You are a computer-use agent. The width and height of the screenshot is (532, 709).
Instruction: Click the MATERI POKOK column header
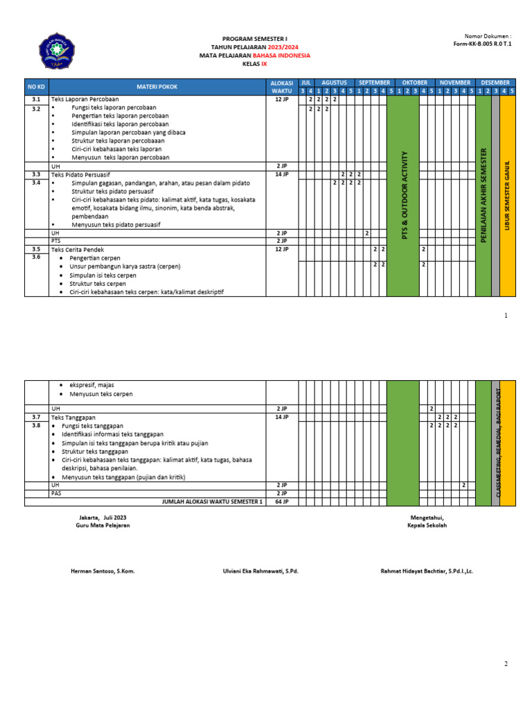[158, 87]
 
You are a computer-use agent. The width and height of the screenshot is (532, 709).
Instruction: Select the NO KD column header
[35, 87]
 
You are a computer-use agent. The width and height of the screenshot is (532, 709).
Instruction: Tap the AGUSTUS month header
[334, 82]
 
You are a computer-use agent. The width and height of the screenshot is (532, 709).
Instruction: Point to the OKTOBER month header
[414, 82]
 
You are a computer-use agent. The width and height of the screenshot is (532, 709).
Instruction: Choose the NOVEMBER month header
[455, 82]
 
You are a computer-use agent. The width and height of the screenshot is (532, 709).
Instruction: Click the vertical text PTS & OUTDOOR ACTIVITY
[403, 195]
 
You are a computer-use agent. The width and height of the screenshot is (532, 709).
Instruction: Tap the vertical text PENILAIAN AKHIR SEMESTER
[484, 195]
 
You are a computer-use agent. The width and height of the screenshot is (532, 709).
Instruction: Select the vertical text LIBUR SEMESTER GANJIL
[508, 195]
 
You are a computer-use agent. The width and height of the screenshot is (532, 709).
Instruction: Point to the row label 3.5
[35, 249]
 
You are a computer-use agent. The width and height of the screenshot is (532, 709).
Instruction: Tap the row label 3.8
[35, 426]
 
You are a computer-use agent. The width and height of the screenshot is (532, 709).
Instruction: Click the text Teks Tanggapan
[72, 418]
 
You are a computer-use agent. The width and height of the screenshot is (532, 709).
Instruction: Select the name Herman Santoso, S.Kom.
[103, 571]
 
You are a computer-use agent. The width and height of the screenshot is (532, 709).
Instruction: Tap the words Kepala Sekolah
[427, 526]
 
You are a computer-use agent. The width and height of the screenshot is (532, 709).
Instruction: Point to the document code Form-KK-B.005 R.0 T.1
[482, 43]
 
